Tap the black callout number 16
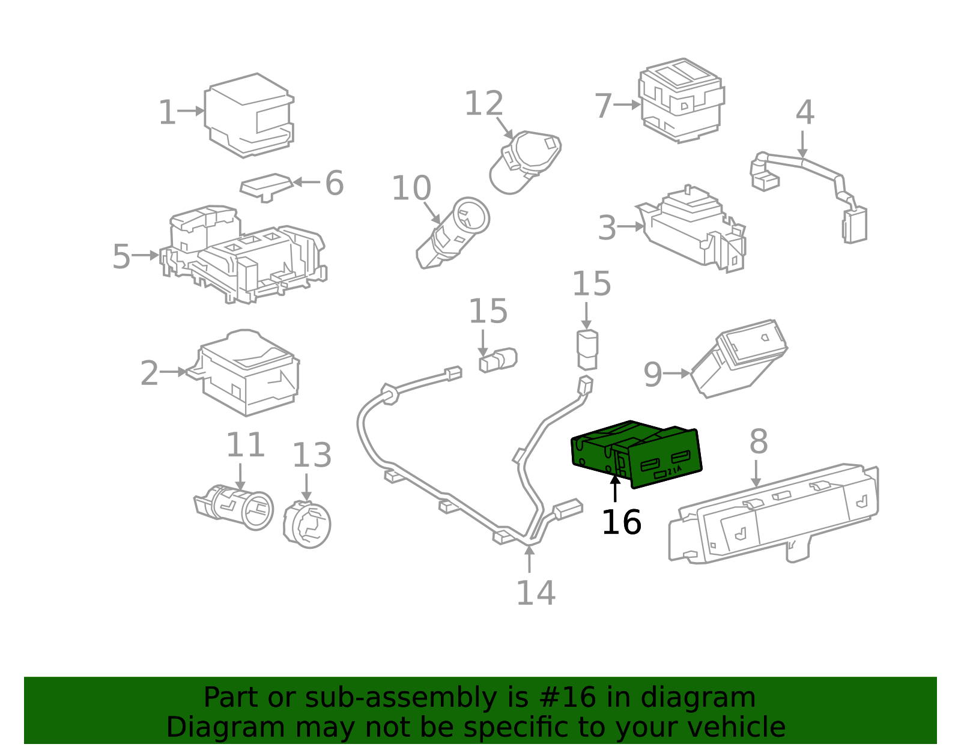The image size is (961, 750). [x=621, y=522]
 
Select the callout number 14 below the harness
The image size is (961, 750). [x=535, y=593]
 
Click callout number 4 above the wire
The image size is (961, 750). [x=804, y=113]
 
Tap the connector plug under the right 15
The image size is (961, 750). [x=587, y=349]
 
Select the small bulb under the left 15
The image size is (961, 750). [x=498, y=360]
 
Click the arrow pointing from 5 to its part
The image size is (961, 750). [x=146, y=255]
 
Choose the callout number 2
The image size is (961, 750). [x=149, y=373]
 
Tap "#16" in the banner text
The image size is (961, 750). [x=568, y=698]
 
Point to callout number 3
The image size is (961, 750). [x=607, y=228]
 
